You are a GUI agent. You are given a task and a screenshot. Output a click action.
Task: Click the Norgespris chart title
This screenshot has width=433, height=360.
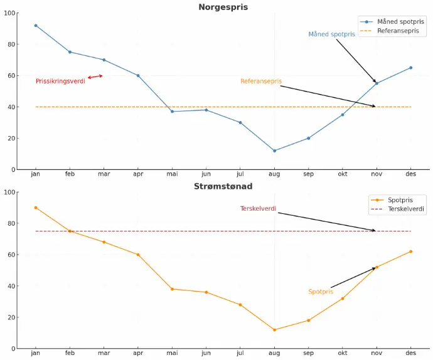click(223, 8)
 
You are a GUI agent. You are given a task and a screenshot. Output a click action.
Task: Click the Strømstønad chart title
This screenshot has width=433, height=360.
click(223, 186)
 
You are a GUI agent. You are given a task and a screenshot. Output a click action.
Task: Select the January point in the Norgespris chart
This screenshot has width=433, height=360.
click(36, 26)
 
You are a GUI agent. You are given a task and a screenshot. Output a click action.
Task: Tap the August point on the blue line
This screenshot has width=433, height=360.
click(274, 151)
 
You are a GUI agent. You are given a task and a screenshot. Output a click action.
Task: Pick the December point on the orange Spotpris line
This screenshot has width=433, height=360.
click(411, 251)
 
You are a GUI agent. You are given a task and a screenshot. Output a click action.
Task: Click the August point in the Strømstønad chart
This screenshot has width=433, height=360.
click(274, 330)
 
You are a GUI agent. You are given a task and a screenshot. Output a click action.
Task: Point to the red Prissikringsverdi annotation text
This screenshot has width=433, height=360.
click(60, 82)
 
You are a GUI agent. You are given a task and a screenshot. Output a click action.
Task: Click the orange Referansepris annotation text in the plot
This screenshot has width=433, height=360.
click(261, 82)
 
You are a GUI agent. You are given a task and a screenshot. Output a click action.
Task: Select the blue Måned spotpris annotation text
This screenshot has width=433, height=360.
click(331, 34)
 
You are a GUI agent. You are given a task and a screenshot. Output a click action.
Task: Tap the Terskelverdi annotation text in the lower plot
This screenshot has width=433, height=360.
click(258, 209)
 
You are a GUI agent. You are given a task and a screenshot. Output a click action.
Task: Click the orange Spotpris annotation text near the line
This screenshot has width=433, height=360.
click(321, 292)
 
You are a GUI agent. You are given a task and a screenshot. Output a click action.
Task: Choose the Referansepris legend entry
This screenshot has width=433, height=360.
click(398, 31)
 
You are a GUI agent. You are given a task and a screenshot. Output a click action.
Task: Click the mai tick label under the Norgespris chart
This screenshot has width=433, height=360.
click(172, 174)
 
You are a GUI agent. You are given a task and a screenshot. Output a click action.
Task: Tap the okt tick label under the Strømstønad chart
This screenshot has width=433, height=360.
click(343, 354)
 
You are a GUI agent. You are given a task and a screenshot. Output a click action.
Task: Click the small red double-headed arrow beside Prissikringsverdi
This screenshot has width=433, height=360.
click(95, 77)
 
